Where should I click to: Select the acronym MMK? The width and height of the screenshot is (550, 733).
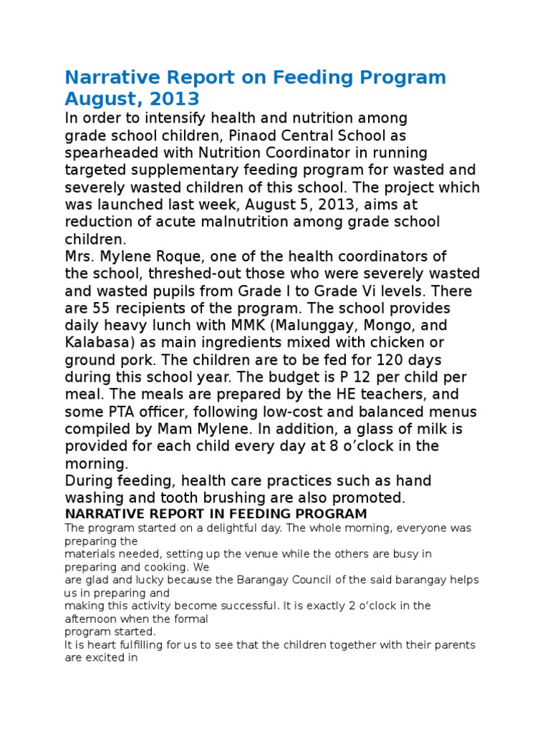tap(235, 325)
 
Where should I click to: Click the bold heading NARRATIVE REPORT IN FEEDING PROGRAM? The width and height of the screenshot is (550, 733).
tap(216, 514)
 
